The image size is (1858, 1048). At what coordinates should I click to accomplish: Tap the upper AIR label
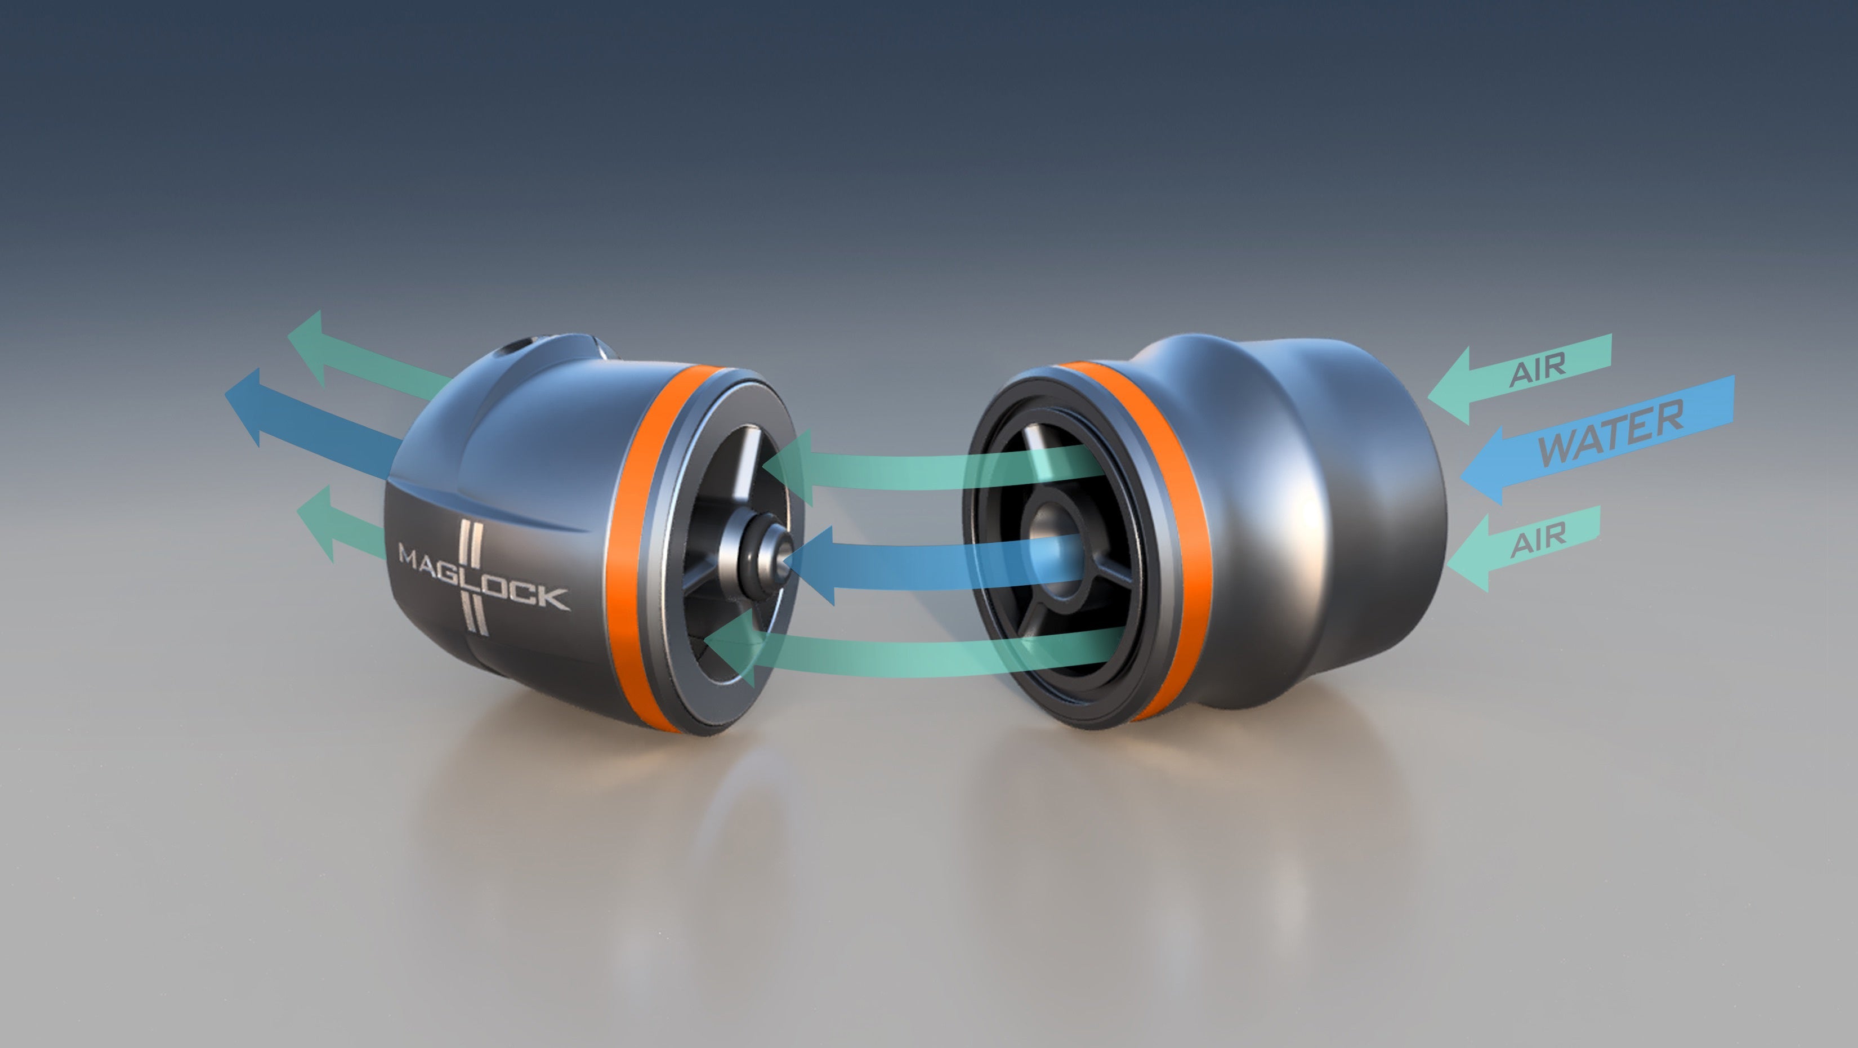[1538, 370]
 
